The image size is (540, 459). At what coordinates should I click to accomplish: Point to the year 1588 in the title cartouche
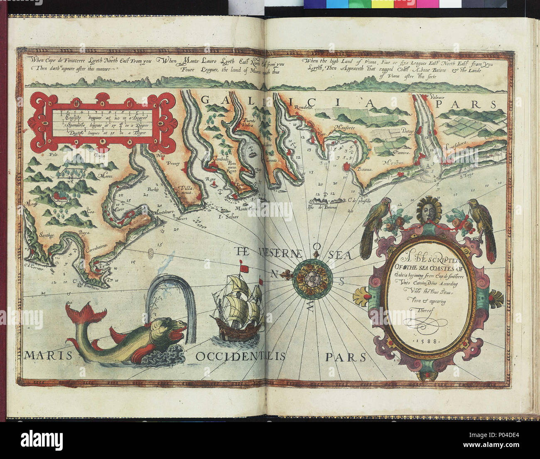[x=431, y=341]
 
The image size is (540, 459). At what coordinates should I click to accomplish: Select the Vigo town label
[x=320, y=134]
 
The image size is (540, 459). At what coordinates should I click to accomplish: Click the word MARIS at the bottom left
[x=42, y=356]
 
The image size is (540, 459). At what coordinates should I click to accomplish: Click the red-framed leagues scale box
[x=102, y=120]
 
